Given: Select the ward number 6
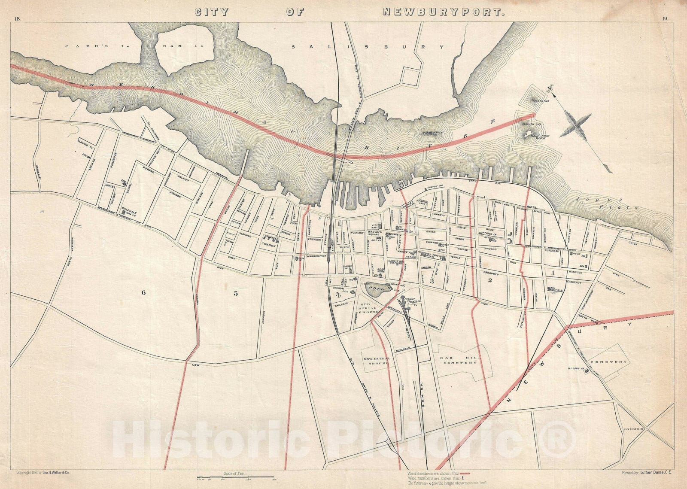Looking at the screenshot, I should [143, 293].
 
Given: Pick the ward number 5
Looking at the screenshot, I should [235, 294].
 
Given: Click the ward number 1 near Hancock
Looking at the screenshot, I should [553, 272].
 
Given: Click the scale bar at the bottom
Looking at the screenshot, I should [235, 477].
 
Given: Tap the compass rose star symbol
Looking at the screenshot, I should [575, 125].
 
